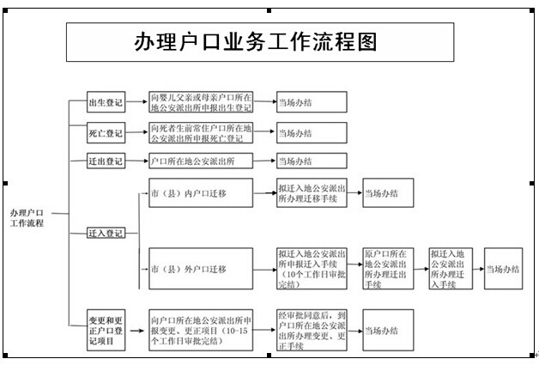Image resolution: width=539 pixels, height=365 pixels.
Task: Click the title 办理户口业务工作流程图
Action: [256, 42]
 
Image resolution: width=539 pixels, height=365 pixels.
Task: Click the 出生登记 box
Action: [106, 103]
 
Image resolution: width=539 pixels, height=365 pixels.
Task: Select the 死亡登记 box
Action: [106, 133]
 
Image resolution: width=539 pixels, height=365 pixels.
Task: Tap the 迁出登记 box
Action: [106, 161]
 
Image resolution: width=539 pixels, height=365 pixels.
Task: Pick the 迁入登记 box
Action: [106, 232]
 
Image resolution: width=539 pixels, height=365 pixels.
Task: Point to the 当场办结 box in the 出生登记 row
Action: [311, 103]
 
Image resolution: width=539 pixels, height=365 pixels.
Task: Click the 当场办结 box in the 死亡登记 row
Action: [311, 133]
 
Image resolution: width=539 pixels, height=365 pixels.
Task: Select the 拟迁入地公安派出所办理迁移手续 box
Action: [311, 193]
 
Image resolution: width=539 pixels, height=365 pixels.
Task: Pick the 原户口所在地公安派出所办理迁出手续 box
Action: [386, 269]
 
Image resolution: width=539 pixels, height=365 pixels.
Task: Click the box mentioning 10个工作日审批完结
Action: [311, 269]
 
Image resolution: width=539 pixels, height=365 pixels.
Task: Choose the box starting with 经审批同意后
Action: [311, 329]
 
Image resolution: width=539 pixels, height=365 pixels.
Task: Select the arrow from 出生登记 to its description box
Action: [136, 103]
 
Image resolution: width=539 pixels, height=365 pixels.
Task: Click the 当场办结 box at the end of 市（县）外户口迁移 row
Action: [502, 269]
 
